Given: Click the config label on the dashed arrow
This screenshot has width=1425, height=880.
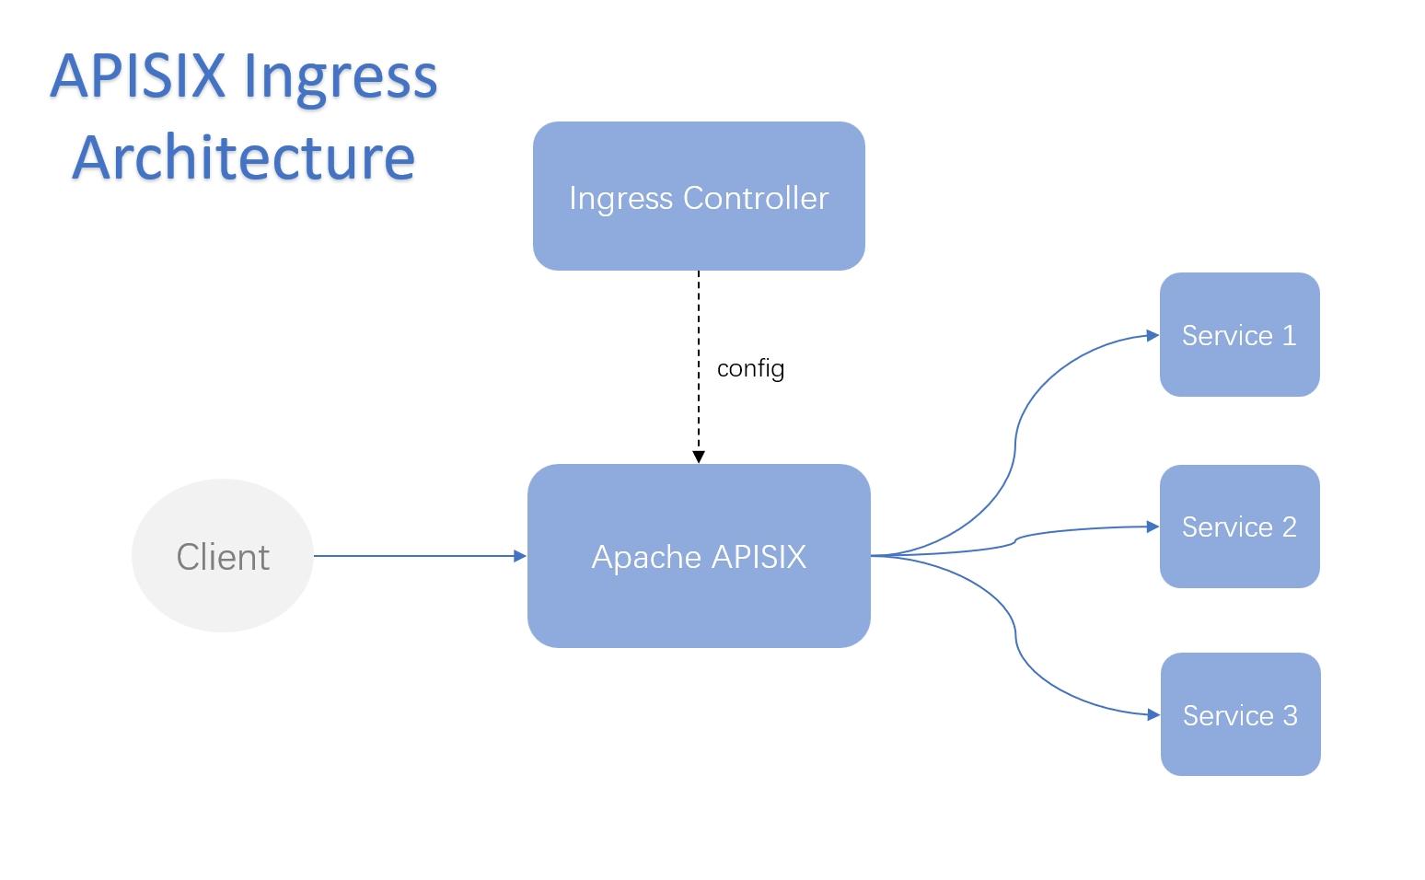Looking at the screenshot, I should [750, 368].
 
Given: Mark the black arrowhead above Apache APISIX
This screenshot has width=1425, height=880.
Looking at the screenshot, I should [699, 457].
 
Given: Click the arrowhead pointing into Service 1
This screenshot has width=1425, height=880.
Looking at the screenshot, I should [1153, 335].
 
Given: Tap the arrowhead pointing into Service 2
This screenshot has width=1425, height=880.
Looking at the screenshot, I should [1153, 527].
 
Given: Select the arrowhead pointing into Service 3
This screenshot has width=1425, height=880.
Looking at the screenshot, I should [1153, 714].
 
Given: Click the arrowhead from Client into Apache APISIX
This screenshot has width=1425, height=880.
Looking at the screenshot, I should [520, 556].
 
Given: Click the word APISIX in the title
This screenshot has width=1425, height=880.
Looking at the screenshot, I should [137, 75].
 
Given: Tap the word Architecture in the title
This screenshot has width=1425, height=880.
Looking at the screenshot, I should [244, 156].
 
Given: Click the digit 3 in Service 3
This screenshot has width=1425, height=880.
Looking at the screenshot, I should [1290, 715].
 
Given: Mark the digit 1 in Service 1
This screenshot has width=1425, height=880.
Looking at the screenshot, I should [1290, 335].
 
